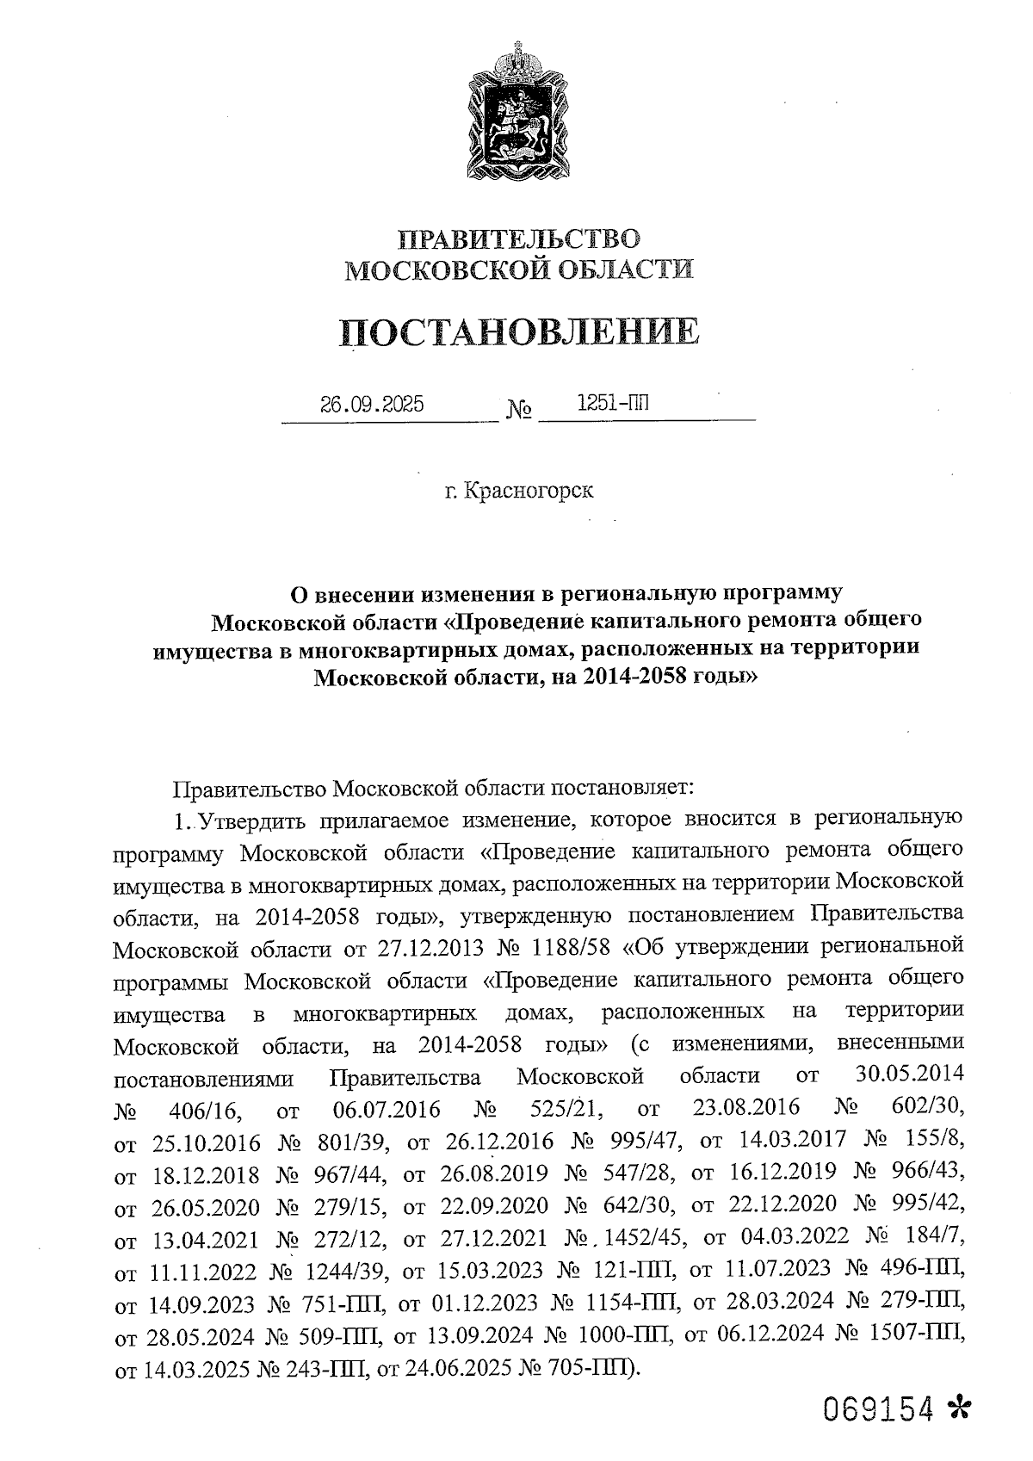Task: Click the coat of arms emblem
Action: point(517,112)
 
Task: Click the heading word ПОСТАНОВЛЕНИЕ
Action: point(518,331)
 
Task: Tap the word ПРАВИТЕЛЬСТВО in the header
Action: point(518,239)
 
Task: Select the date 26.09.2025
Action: point(372,404)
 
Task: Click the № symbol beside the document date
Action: point(518,410)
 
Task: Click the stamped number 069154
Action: point(877,1408)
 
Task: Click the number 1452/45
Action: point(644,1239)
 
